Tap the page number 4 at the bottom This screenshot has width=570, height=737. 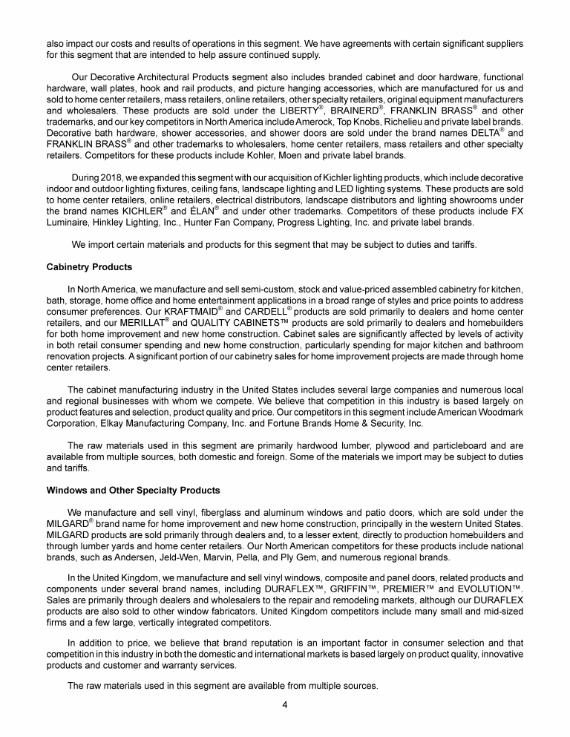tap(284, 704)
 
